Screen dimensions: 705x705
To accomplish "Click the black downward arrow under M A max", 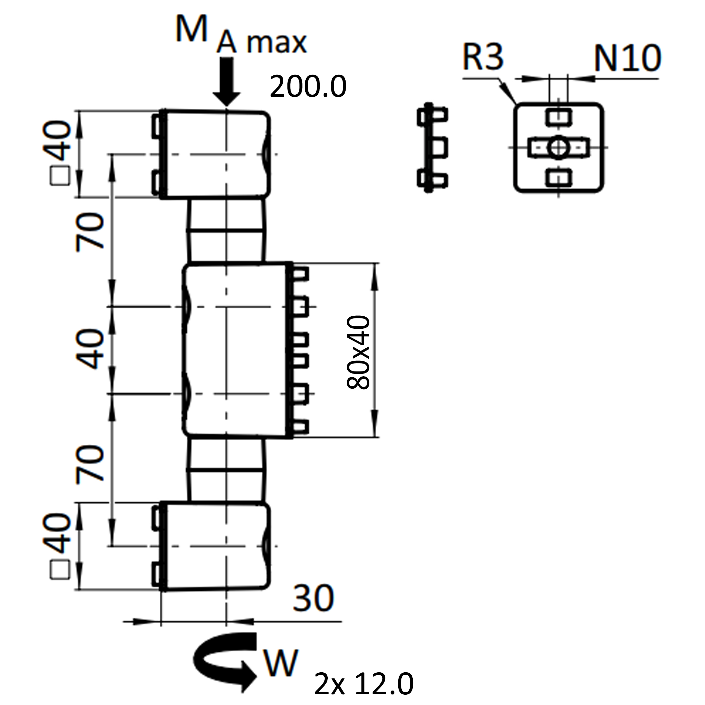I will [x=226, y=83].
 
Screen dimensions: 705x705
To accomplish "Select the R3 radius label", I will [x=482, y=57].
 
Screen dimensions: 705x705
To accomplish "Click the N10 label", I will [x=627, y=59].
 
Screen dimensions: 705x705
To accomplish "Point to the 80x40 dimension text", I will [x=358, y=352].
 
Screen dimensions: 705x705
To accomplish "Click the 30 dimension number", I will [x=313, y=598].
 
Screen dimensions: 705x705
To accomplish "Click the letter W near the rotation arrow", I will [x=280, y=663].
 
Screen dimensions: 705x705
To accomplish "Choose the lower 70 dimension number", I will [x=90, y=464].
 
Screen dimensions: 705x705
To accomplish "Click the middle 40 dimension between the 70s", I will [x=90, y=349].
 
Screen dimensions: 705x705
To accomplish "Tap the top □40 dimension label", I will [x=59, y=153].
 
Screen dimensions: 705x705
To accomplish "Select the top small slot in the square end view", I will [x=558, y=117].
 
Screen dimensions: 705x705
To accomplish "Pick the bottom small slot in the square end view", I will [x=558, y=178].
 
